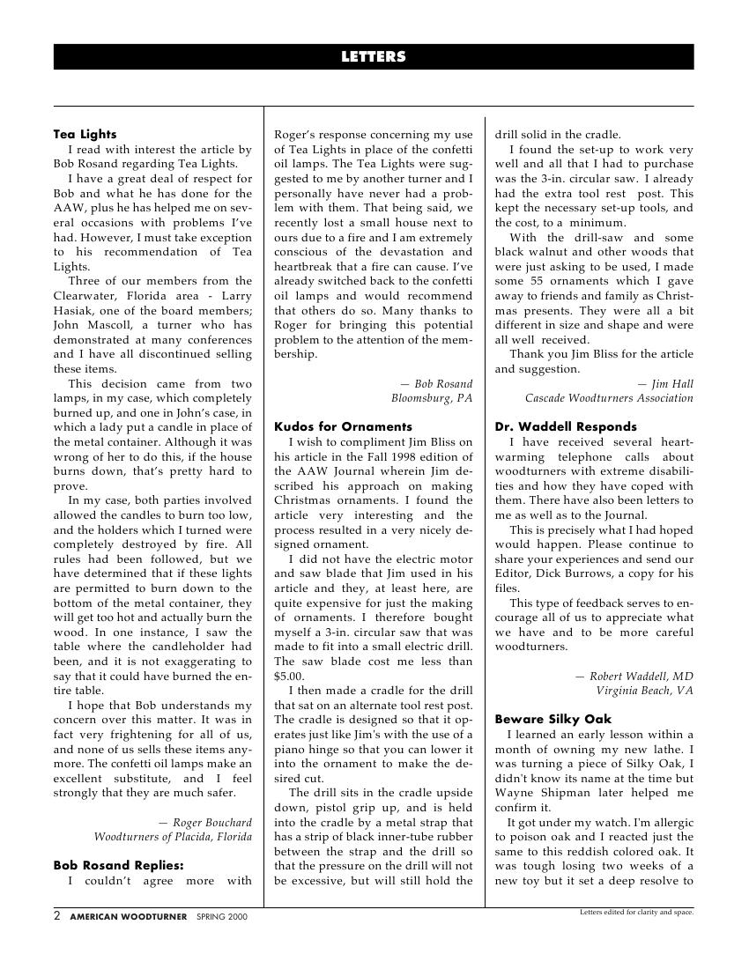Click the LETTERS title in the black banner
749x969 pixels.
[x=374, y=57]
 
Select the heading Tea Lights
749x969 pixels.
[x=85, y=135]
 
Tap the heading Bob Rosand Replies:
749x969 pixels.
[x=118, y=865]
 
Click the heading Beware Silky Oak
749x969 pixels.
[x=552, y=720]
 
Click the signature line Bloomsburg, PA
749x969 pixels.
[x=432, y=398]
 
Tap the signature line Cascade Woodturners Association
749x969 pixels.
[x=609, y=398]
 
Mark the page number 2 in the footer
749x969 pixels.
[x=57, y=916]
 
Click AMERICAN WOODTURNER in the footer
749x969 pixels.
[x=129, y=917]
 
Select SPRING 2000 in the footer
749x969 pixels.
[x=222, y=917]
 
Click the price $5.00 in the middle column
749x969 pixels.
[x=289, y=676]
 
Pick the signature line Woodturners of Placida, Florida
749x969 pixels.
[x=173, y=837]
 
